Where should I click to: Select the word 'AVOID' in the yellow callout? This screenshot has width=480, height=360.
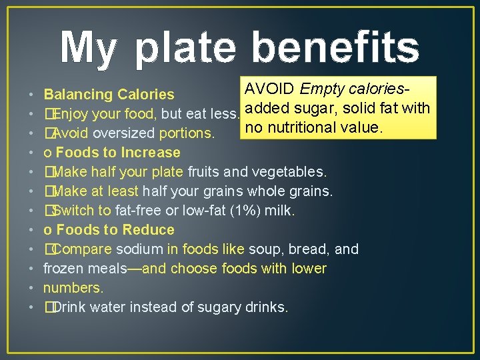coord(270,89)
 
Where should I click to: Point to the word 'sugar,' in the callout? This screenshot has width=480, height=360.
coord(319,107)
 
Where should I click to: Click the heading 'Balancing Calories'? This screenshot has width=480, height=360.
coord(109,95)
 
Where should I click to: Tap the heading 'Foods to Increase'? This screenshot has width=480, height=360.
coord(118,153)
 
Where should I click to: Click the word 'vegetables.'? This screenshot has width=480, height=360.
coord(292,172)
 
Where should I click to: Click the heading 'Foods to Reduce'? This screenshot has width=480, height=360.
coord(115,230)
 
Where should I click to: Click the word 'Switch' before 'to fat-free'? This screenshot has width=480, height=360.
coord(73,211)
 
